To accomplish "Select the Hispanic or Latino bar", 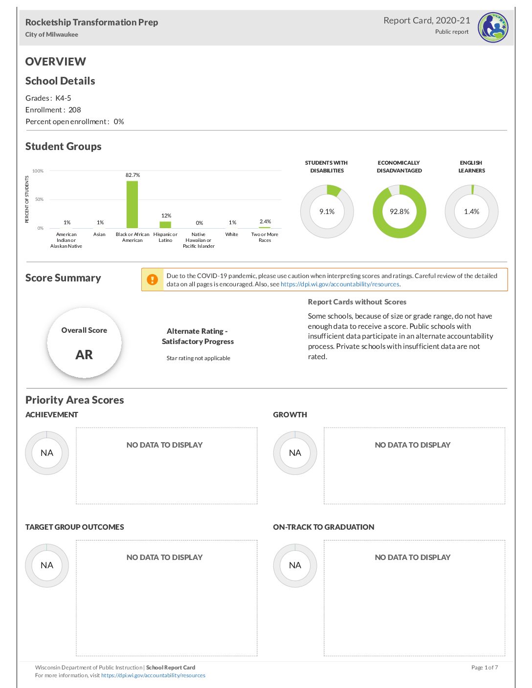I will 165,225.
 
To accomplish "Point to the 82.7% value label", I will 133,175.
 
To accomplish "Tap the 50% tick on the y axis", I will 39,199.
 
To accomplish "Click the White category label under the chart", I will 232,235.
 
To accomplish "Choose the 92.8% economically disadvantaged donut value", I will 399,212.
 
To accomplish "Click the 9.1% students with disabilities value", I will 327,212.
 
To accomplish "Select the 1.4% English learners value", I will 472,212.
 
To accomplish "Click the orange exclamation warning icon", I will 153,279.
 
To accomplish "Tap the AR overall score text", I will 84,355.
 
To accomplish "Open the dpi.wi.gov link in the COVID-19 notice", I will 340,284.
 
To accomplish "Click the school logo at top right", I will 493,27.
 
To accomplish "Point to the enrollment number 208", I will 75,110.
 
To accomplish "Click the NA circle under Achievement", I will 47,453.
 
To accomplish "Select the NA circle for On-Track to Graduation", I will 295,565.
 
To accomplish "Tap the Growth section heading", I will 290,415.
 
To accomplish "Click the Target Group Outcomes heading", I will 75,527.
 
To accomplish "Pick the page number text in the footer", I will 485,667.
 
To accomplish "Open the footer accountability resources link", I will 153,675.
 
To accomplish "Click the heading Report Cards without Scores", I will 357,302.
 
